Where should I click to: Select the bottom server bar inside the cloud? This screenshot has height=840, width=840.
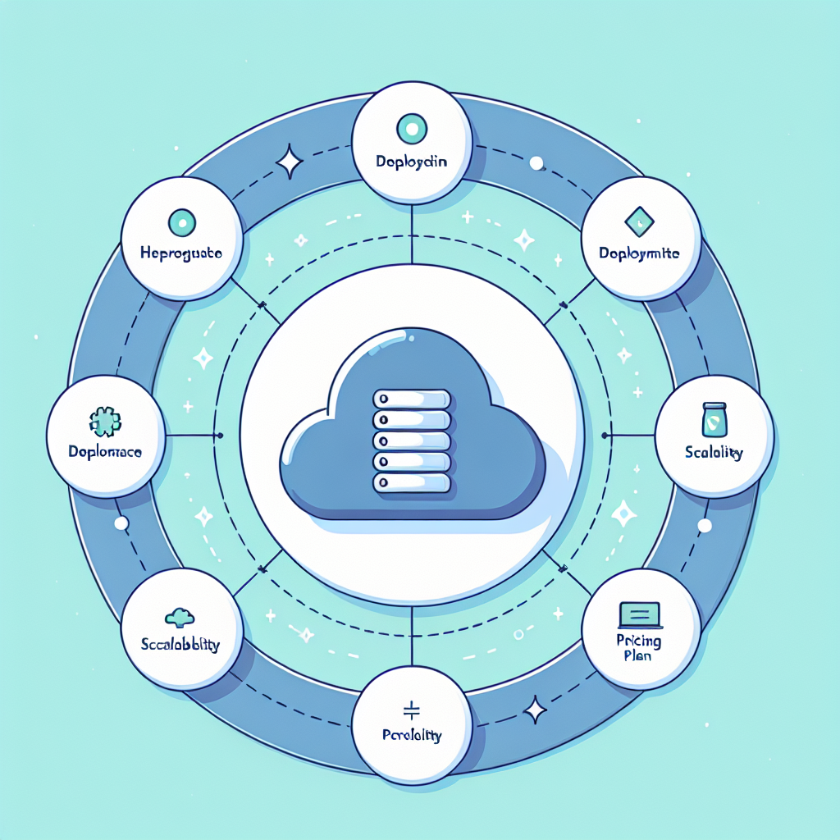click(413, 482)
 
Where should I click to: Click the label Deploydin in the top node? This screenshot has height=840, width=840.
click(412, 162)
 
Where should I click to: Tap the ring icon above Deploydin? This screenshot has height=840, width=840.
click(412, 128)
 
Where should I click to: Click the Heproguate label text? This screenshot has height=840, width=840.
click(182, 254)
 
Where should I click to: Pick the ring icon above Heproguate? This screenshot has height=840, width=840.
click(181, 221)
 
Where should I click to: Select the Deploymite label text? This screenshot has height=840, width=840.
click(641, 253)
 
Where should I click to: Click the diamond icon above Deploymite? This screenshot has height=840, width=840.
click(638, 219)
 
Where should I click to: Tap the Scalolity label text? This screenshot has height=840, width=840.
click(714, 453)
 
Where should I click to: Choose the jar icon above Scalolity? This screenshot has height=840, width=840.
click(714, 419)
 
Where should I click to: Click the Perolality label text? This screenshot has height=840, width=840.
click(412, 735)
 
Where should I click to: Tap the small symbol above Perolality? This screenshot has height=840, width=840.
click(412, 708)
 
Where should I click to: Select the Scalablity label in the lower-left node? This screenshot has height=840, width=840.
click(180, 645)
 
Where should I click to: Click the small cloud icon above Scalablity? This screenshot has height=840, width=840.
click(180, 616)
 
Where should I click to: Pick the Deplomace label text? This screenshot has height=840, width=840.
click(103, 452)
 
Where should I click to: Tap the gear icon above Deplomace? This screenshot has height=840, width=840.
click(104, 422)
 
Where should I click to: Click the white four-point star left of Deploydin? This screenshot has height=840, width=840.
click(290, 162)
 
